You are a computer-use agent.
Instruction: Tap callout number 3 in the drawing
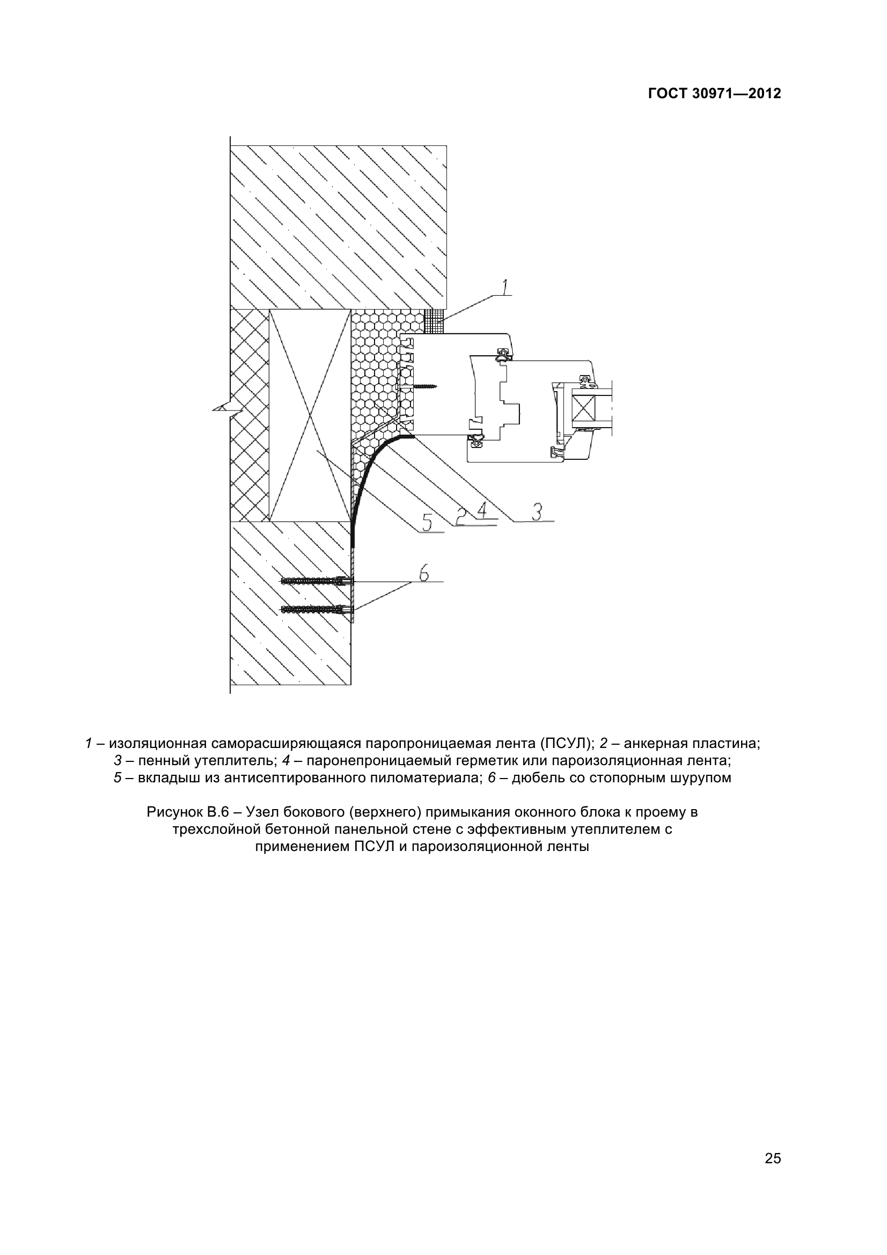point(537,512)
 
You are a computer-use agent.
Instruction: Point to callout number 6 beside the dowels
point(423,574)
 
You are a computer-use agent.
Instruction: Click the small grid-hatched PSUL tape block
point(434,320)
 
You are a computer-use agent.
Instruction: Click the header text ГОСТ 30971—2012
point(714,93)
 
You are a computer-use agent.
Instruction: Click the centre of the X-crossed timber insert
point(310,415)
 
